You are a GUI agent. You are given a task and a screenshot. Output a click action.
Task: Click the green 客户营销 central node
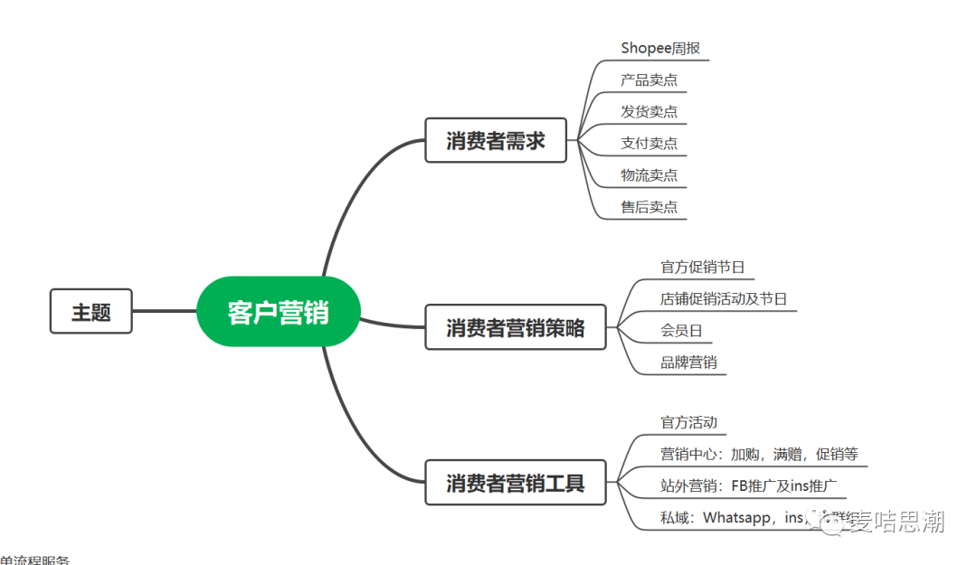(x=278, y=312)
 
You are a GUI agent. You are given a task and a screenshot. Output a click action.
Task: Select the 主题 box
(x=91, y=312)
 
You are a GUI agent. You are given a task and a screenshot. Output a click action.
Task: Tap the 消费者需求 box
(x=496, y=140)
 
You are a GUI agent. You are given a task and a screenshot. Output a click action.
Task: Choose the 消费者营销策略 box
(x=516, y=327)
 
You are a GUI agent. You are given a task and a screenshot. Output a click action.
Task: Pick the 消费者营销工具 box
(x=516, y=483)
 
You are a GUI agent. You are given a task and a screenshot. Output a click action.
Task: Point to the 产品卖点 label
(x=649, y=80)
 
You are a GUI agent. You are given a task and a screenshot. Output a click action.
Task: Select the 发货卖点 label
(x=649, y=111)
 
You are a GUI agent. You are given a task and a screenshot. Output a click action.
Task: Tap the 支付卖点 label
(x=649, y=143)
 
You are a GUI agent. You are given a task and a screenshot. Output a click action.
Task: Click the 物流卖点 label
(x=649, y=174)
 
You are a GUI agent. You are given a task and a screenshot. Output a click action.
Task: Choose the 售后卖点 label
(x=649, y=207)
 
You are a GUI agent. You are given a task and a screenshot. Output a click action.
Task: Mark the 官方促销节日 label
(x=703, y=268)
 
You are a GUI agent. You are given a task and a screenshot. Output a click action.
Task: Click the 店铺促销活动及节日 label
(x=724, y=299)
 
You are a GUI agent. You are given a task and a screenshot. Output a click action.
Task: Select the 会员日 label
(x=681, y=331)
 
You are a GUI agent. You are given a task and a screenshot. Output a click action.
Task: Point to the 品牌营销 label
(x=688, y=363)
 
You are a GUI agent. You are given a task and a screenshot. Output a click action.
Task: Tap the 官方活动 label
(x=688, y=422)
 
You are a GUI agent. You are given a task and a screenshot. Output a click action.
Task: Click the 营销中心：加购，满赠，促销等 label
(x=759, y=454)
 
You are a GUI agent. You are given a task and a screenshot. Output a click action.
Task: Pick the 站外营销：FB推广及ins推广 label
(x=748, y=485)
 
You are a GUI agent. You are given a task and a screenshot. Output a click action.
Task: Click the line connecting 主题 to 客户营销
(x=165, y=311)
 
